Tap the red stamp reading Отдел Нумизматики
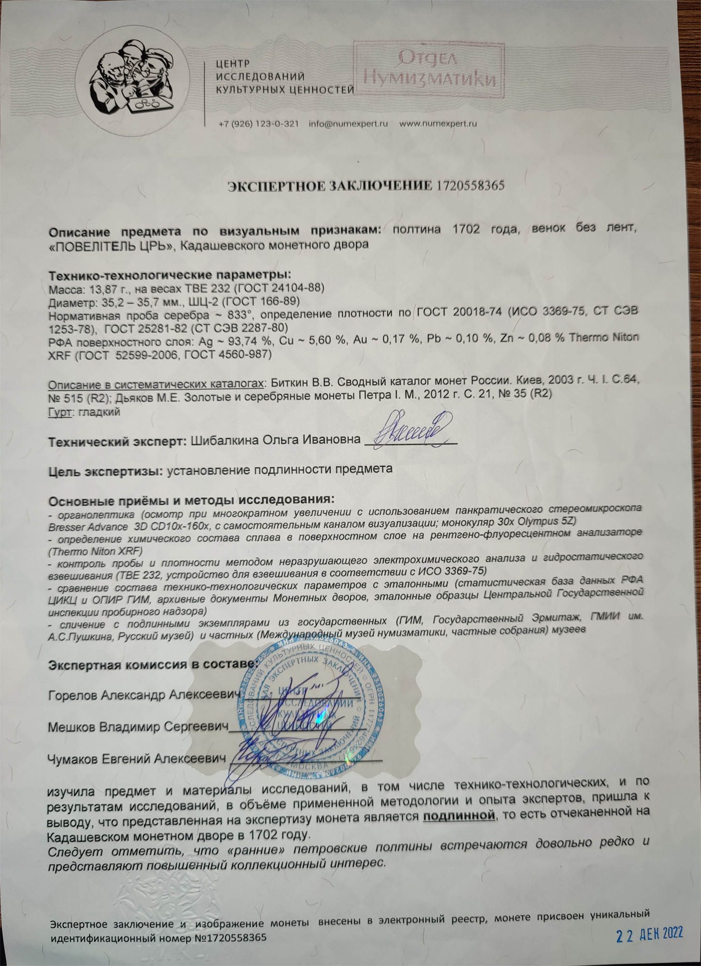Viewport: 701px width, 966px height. pos(429,70)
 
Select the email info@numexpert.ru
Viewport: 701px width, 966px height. pos(348,124)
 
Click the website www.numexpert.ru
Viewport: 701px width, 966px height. pos(438,124)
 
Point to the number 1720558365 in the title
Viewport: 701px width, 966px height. pos(470,185)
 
